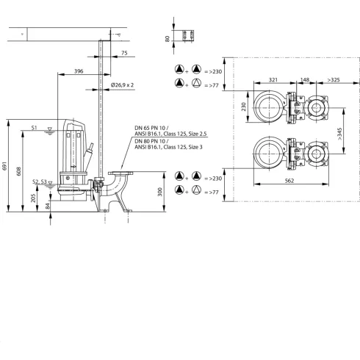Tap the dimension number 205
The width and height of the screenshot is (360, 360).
pyautogui.click(x=32, y=198)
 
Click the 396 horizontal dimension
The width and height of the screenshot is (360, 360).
pyautogui.click(x=79, y=72)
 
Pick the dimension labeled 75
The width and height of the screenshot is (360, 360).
pyautogui.click(x=123, y=53)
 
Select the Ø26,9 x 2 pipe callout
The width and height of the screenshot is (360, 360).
pyautogui.click(x=123, y=85)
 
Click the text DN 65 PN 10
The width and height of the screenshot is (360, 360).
pyautogui.click(x=151, y=127)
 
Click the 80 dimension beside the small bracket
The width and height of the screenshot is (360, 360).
pyautogui.click(x=167, y=38)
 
